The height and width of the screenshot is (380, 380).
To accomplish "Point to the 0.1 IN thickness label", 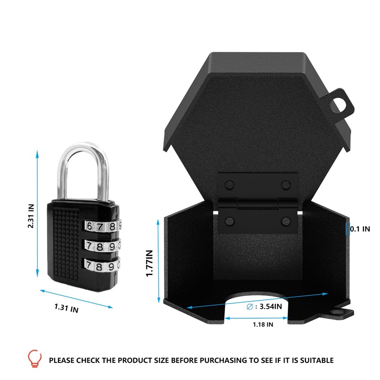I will [x=360, y=228].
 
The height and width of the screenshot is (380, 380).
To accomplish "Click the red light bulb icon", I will [x=34, y=357].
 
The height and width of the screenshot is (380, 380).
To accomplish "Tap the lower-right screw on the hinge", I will [x=286, y=220].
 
